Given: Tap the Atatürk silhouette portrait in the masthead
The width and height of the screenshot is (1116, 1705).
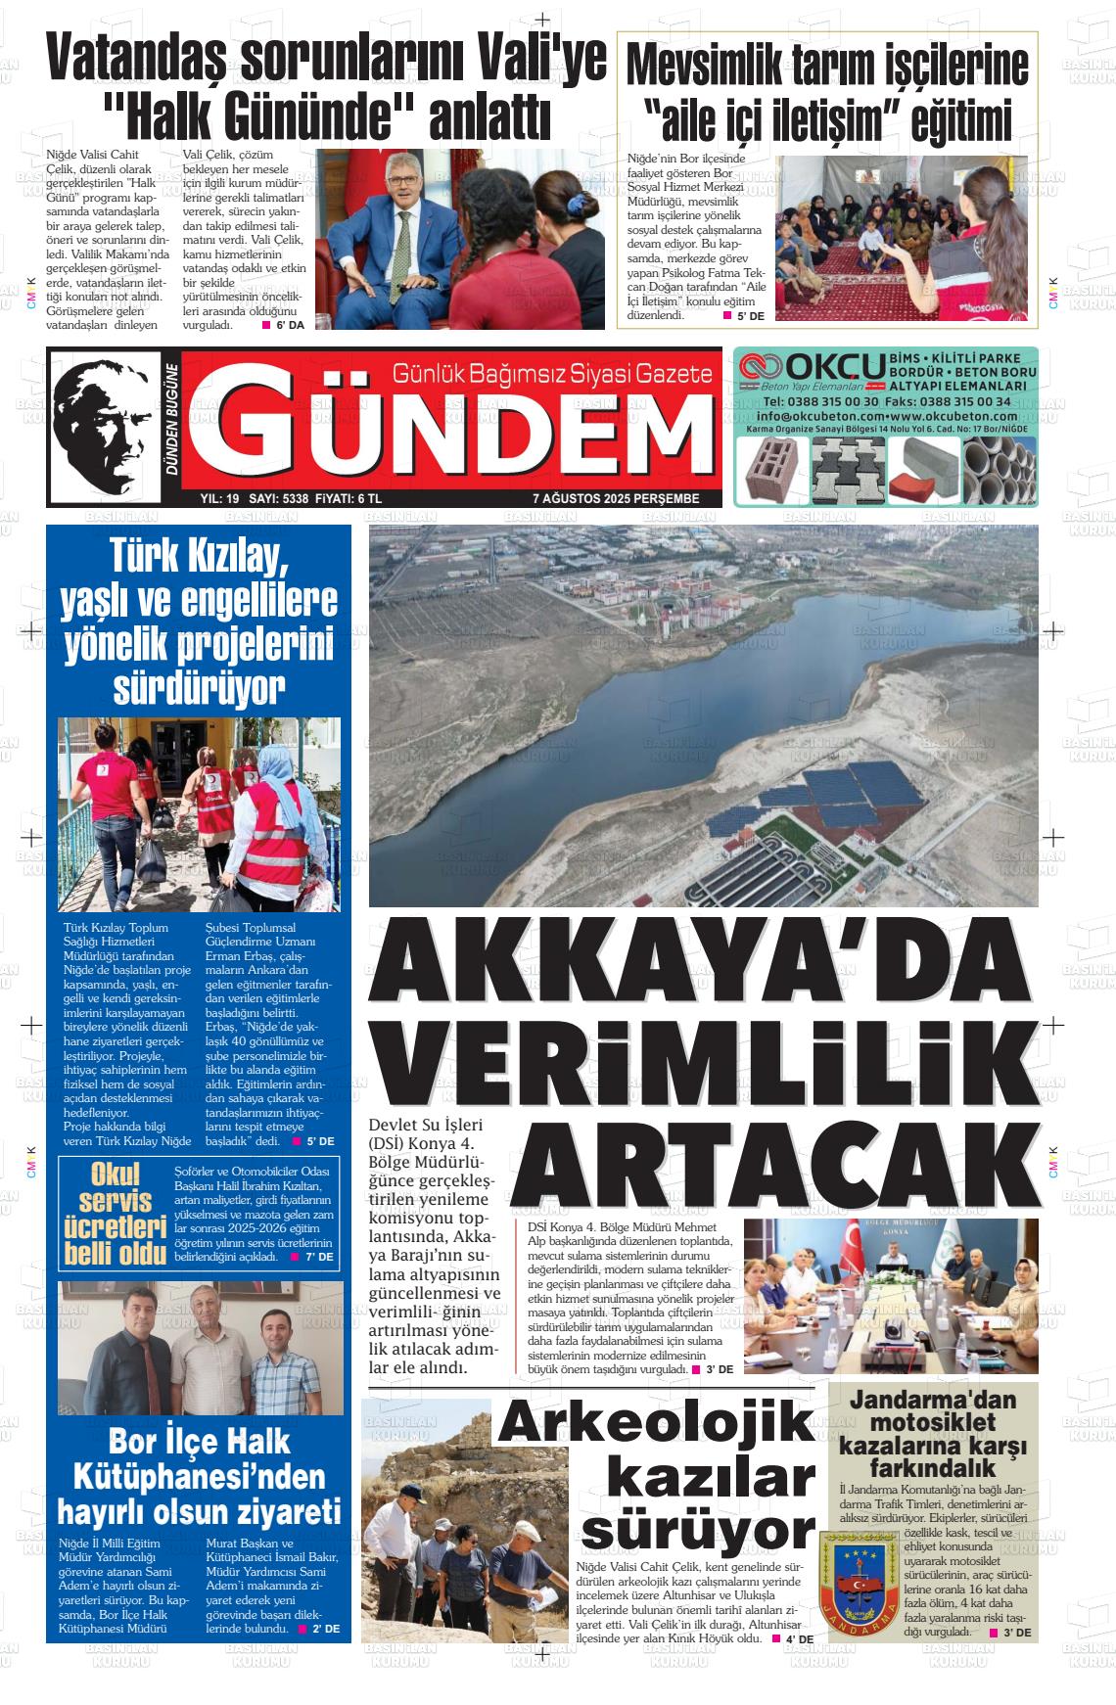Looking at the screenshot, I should pyautogui.click(x=103, y=427).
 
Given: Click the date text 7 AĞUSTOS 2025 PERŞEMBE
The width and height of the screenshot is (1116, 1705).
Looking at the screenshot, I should pyautogui.click(x=616, y=498).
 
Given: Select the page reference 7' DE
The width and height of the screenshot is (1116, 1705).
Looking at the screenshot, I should pyautogui.click(x=319, y=1257).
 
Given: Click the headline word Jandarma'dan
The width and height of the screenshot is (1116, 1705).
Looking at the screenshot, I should pyautogui.click(x=932, y=1401).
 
